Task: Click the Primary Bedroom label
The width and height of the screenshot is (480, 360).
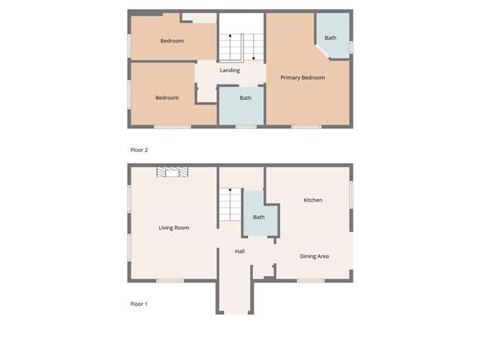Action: click(303, 78)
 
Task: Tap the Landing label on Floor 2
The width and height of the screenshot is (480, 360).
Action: click(230, 70)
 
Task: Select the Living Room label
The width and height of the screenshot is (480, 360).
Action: click(174, 228)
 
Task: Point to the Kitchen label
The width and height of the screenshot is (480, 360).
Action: click(313, 200)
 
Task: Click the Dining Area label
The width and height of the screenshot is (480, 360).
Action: click(314, 256)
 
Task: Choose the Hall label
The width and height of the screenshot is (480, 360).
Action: click(240, 251)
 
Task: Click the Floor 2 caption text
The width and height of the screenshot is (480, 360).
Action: click(139, 150)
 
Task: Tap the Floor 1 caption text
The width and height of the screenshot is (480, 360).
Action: click(139, 304)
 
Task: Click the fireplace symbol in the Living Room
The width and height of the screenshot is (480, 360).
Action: click(173, 172)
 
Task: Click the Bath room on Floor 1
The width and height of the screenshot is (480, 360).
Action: click(259, 217)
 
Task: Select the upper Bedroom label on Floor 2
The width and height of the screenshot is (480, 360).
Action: click(172, 41)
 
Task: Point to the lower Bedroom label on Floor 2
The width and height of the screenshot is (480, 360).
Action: click(167, 98)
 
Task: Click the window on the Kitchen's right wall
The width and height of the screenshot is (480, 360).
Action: click(351, 193)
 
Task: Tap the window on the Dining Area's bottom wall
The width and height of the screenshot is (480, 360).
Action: click(311, 280)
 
